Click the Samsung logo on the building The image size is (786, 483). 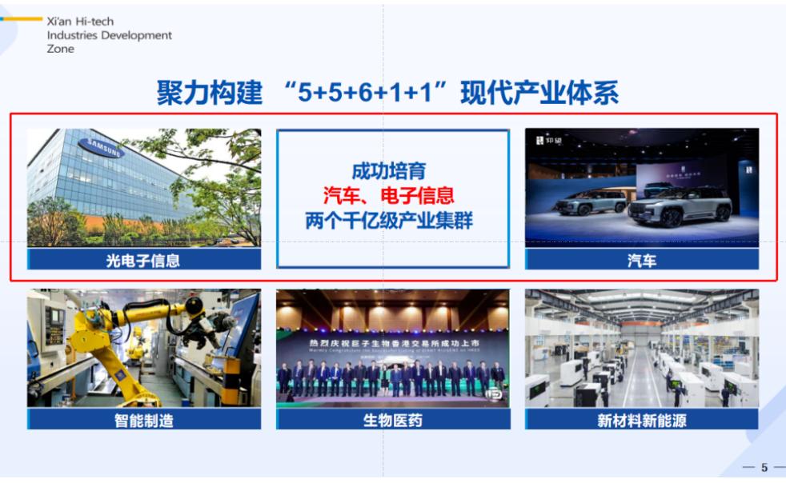tap(100, 149)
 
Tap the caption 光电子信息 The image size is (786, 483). tap(144, 259)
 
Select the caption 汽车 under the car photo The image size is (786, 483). tap(642, 259)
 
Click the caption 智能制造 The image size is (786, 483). tap(144, 420)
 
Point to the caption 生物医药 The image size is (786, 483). tap(393, 420)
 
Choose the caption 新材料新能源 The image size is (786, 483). tap(642, 420)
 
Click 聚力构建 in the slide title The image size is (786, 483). tap(210, 94)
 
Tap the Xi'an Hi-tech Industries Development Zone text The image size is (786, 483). tap(109, 36)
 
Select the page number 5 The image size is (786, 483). tap(764, 468)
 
